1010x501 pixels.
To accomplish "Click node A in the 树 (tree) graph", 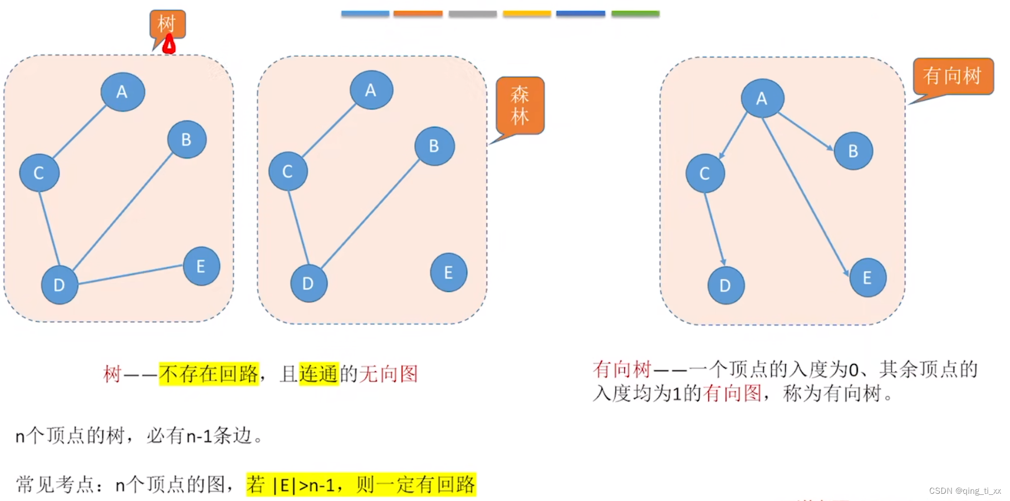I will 122,92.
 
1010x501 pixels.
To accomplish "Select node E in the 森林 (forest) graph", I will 448,272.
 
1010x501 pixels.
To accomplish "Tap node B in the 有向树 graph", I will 853,151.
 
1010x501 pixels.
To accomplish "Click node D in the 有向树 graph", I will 725,286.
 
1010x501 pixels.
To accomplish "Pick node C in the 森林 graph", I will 288,171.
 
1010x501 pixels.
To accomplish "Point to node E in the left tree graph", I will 201,266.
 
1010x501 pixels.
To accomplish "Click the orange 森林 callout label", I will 519,106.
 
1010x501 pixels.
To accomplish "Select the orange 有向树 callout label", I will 953,76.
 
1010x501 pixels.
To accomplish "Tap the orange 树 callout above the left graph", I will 167,24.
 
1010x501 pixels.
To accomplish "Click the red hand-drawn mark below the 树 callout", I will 169,45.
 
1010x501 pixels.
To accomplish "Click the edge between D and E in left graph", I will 130,274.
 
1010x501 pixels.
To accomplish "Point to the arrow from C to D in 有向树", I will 714,228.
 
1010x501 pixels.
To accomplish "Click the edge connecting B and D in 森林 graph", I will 370,214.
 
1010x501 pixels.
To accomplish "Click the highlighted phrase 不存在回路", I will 209,374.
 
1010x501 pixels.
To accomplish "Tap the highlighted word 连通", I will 318,374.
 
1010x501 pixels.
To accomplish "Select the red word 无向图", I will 389,374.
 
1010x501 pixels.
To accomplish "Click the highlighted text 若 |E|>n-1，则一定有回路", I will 361,485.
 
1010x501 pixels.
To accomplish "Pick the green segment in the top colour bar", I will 635,13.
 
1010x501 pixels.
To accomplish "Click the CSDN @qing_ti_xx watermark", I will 964,491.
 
